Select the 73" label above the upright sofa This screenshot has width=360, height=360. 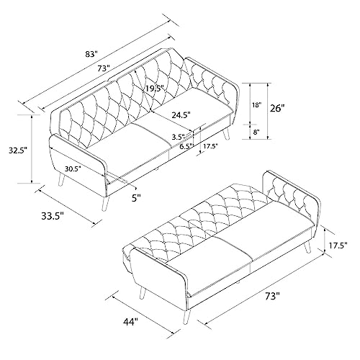tap(103, 68)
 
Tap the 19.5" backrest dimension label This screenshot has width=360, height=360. tap(155, 89)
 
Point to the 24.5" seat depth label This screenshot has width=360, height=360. tap(181, 114)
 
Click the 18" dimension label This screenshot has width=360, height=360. tap(256, 105)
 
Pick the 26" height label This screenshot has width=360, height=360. tap(278, 108)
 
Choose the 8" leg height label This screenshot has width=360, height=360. tap(256, 132)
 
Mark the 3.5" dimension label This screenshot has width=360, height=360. tap(179, 137)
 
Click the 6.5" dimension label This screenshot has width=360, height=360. tap(187, 145)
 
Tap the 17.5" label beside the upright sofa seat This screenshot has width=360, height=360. tap(210, 145)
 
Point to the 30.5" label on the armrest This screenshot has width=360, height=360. tap(73, 168)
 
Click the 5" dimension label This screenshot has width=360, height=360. tap(136, 198)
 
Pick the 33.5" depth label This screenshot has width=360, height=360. tap(53, 216)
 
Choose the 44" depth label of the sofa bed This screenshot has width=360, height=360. tap(132, 322)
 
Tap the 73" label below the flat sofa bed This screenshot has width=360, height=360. tap(273, 296)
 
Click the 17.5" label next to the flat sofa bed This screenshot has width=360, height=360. tap(338, 246)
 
